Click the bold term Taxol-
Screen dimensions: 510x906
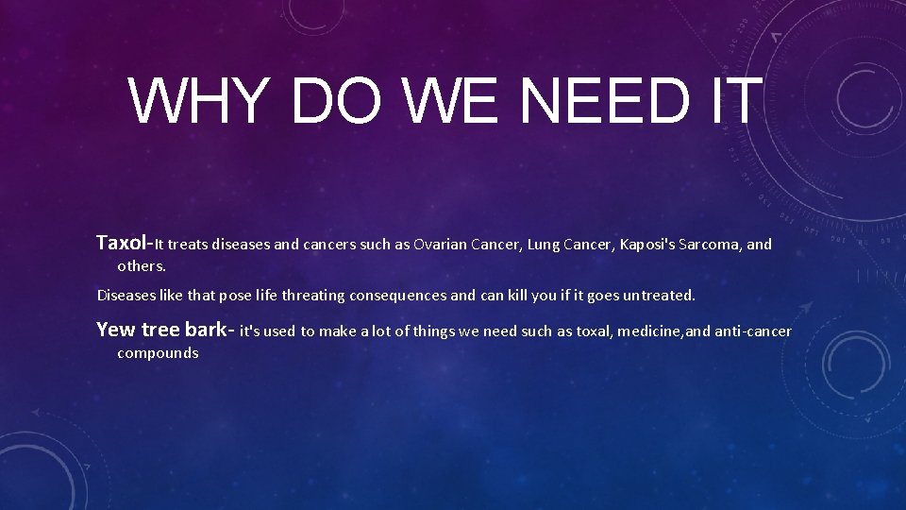pos(125,244)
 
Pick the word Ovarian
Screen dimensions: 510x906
pos(441,245)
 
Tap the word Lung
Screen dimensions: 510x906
pos(544,245)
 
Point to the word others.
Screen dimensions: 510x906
pos(142,266)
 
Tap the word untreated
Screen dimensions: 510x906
pos(657,296)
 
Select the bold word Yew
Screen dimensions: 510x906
pos(115,330)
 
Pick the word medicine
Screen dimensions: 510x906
pos(649,331)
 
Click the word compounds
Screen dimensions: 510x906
pos(158,353)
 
